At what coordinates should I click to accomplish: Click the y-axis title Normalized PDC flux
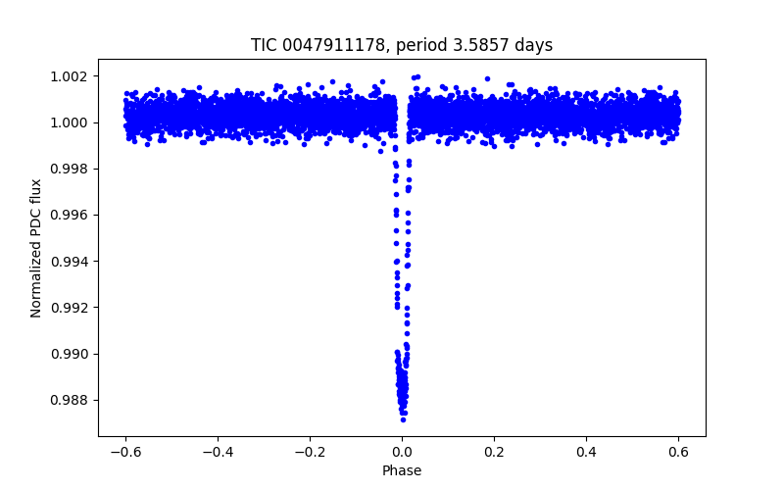[x=36, y=248]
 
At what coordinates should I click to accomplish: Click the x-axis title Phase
[x=402, y=470]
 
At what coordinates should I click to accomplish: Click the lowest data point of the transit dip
[x=403, y=419]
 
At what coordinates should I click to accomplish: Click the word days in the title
[x=532, y=45]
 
